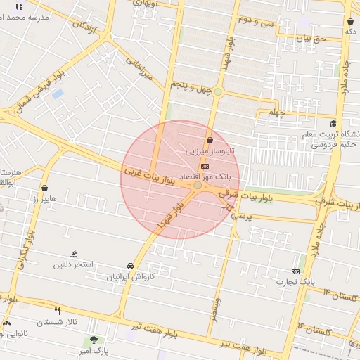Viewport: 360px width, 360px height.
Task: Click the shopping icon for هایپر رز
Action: pos(46,188)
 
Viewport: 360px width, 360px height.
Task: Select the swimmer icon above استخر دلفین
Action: pos(74,255)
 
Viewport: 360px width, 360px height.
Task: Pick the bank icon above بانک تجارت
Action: pos(295,271)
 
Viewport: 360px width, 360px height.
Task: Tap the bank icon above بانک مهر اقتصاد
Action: pos(205,166)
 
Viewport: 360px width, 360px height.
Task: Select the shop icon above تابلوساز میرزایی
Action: pos(210,141)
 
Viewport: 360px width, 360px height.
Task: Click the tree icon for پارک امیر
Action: pos(94,340)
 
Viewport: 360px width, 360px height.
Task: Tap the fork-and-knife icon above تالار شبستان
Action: pos(58,311)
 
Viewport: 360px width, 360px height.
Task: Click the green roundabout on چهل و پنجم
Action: pos(218,92)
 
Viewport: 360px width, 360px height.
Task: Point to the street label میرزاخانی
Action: pos(139,69)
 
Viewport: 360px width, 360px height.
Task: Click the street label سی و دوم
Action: pos(255,20)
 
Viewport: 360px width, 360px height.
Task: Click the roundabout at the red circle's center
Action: pos(199,186)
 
